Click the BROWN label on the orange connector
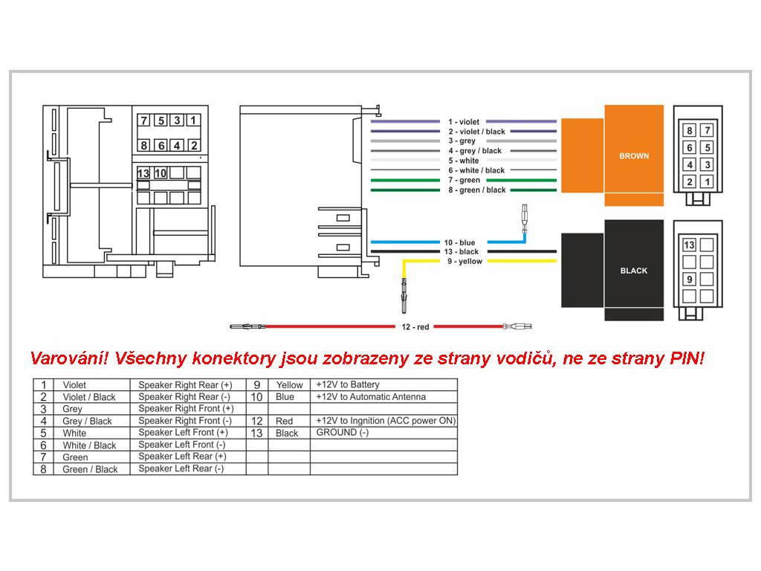coord(634,156)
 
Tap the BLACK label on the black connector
coord(634,271)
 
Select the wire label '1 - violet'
coord(464,122)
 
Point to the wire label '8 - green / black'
coord(477,190)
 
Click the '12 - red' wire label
coord(415,327)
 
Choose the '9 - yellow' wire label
coord(465,261)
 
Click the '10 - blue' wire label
coord(459,242)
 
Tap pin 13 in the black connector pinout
coord(689,245)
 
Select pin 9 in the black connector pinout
coord(689,280)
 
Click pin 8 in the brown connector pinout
coord(689,130)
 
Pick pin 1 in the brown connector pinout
coord(707,182)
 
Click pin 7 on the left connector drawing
coord(143,120)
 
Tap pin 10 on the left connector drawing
coord(161,172)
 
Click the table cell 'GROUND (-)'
coord(342,433)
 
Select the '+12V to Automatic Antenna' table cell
coord(371,397)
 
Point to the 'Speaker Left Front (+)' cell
coord(183,433)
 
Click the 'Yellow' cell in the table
coord(289,385)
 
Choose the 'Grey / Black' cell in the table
coord(88,421)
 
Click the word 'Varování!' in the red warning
coord(69,358)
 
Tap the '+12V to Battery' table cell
coord(348,384)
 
